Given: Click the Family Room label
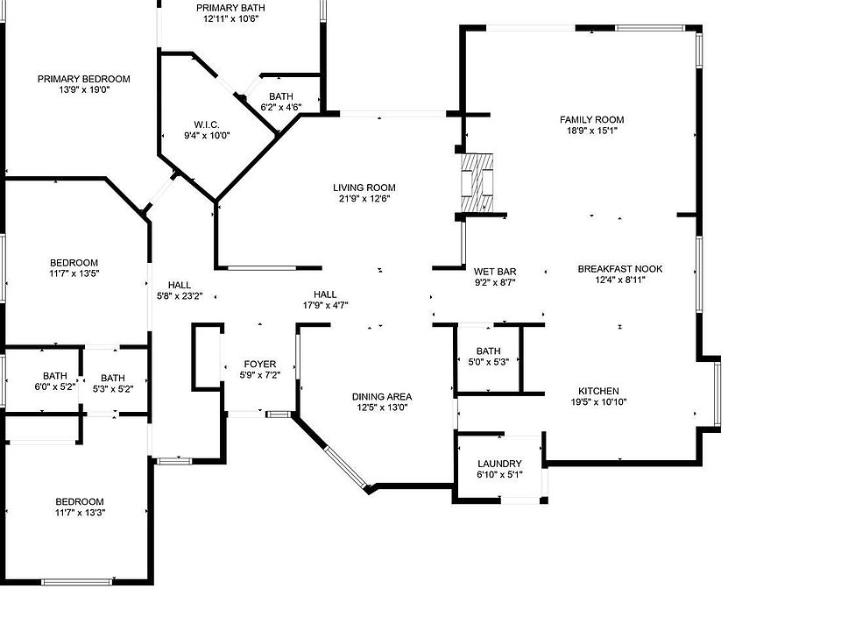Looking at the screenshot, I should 592,120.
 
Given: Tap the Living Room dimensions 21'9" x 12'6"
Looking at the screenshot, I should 364,199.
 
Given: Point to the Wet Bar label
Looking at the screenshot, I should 495,272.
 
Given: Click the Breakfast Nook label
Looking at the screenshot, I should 620,269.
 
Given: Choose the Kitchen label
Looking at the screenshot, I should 598,391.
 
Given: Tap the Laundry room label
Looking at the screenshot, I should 499,464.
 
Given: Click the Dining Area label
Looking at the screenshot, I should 382,396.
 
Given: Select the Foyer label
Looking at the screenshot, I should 259,364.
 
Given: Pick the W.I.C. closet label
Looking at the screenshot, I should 207,124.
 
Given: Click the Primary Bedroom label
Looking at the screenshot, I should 84,79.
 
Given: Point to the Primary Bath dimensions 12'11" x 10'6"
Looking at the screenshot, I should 234,18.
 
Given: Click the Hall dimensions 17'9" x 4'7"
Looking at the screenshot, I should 326,306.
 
